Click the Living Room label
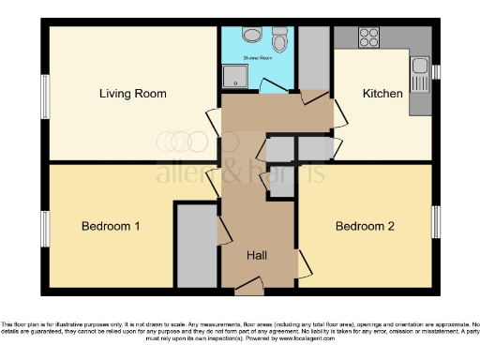[x=133, y=94]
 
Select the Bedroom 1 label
[x=111, y=227]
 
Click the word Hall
[x=258, y=256]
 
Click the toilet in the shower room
[x=279, y=40]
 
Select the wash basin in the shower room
[x=251, y=34]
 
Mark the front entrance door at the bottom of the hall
[x=248, y=284]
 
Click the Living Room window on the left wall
[x=44, y=97]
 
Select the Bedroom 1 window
[x=44, y=230]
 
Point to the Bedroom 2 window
[x=434, y=222]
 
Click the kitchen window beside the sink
[x=435, y=71]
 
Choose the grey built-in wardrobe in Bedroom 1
[x=196, y=246]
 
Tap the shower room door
[x=274, y=87]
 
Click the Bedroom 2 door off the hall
[x=304, y=263]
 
